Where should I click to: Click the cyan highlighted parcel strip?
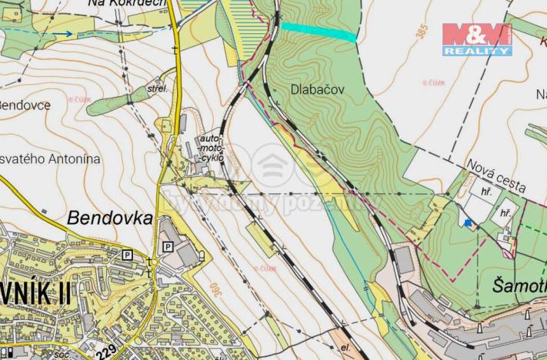point(319,31)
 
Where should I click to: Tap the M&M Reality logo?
point(477,40)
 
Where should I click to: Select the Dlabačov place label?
point(318,89)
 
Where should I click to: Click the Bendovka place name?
point(109,218)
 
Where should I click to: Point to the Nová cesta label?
point(496,176)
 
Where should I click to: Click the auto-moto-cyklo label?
point(212,146)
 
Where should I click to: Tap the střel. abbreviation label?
point(157,89)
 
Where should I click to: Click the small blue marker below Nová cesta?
point(467,223)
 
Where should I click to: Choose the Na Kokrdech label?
point(128,5)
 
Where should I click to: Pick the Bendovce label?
point(25,104)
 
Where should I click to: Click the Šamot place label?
point(518,287)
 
